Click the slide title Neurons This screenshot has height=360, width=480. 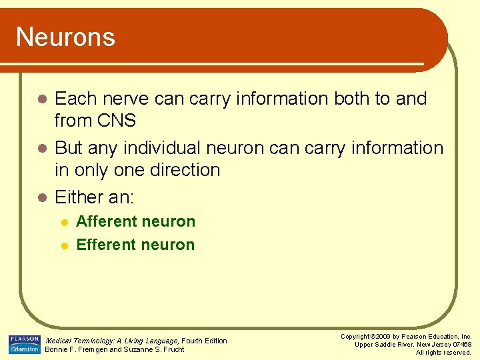tap(65, 37)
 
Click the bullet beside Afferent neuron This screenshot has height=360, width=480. tap(64, 222)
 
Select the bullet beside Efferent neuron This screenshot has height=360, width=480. tap(64, 245)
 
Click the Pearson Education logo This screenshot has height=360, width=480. tap(24, 345)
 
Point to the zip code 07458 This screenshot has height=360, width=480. tap(461, 345)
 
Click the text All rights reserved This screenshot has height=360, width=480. tap(443, 353)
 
